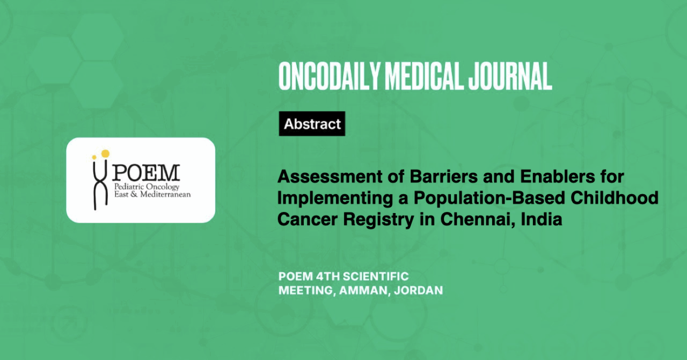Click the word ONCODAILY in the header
(330, 76)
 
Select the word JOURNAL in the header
(510, 76)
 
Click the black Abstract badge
(312, 123)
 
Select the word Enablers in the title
(558, 177)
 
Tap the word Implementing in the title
(335, 199)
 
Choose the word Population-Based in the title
(489, 199)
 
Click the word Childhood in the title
(615, 198)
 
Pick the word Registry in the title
(378, 220)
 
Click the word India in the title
(542, 219)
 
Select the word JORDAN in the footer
(418, 290)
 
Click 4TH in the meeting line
(327, 276)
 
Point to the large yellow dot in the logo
(105, 153)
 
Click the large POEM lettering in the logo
(145, 173)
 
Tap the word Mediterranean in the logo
(165, 194)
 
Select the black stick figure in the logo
(100, 185)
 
